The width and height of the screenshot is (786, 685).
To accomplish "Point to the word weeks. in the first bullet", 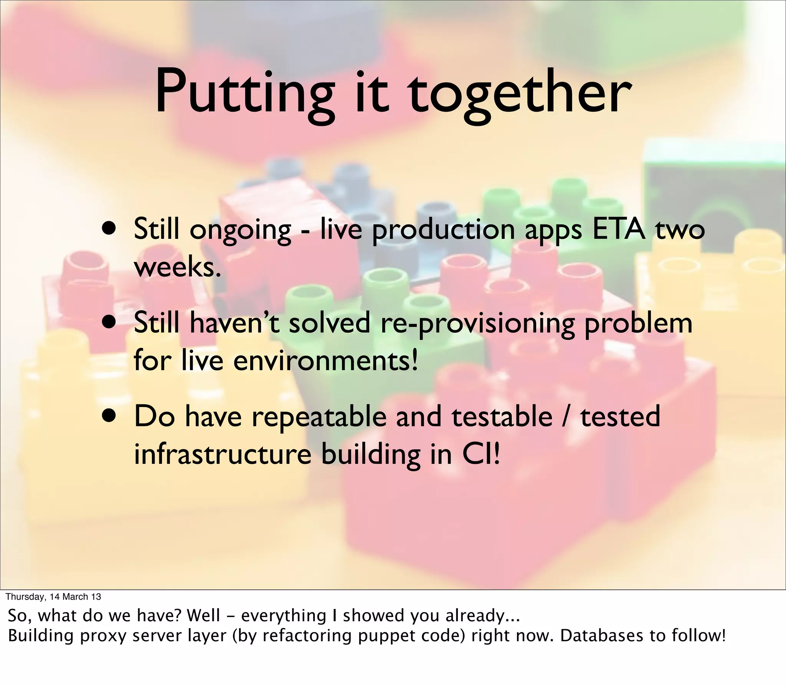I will pyautogui.click(x=178, y=267).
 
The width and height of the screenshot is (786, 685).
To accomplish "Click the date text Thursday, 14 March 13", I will pyautogui.click(x=53, y=596).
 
